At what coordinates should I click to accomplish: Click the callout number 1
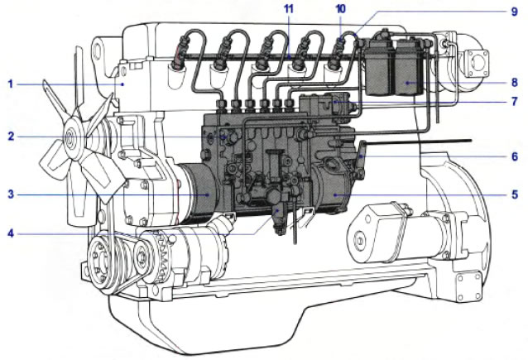click(x=11, y=84)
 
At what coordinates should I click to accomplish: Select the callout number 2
click(x=11, y=137)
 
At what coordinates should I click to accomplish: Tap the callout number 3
click(x=11, y=194)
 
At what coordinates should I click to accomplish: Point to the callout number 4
click(x=11, y=233)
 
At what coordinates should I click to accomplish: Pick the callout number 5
click(x=515, y=194)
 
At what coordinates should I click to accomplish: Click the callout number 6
click(x=515, y=156)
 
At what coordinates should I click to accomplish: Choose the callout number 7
click(x=515, y=101)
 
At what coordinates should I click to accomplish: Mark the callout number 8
click(x=515, y=82)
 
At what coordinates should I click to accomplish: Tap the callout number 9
click(x=515, y=12)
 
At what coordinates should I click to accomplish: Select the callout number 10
click(x=341, y=9)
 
